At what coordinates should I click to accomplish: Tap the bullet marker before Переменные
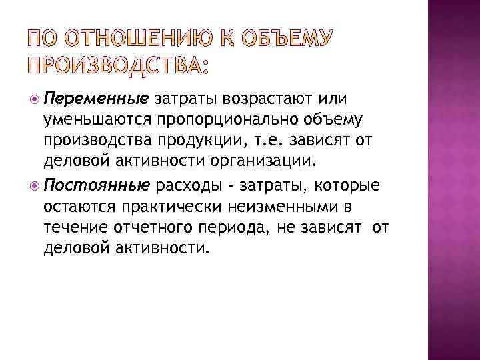pyautogui.click(x=35, y=100)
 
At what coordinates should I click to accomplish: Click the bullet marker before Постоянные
pyautogui.click(x=35, y=185)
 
